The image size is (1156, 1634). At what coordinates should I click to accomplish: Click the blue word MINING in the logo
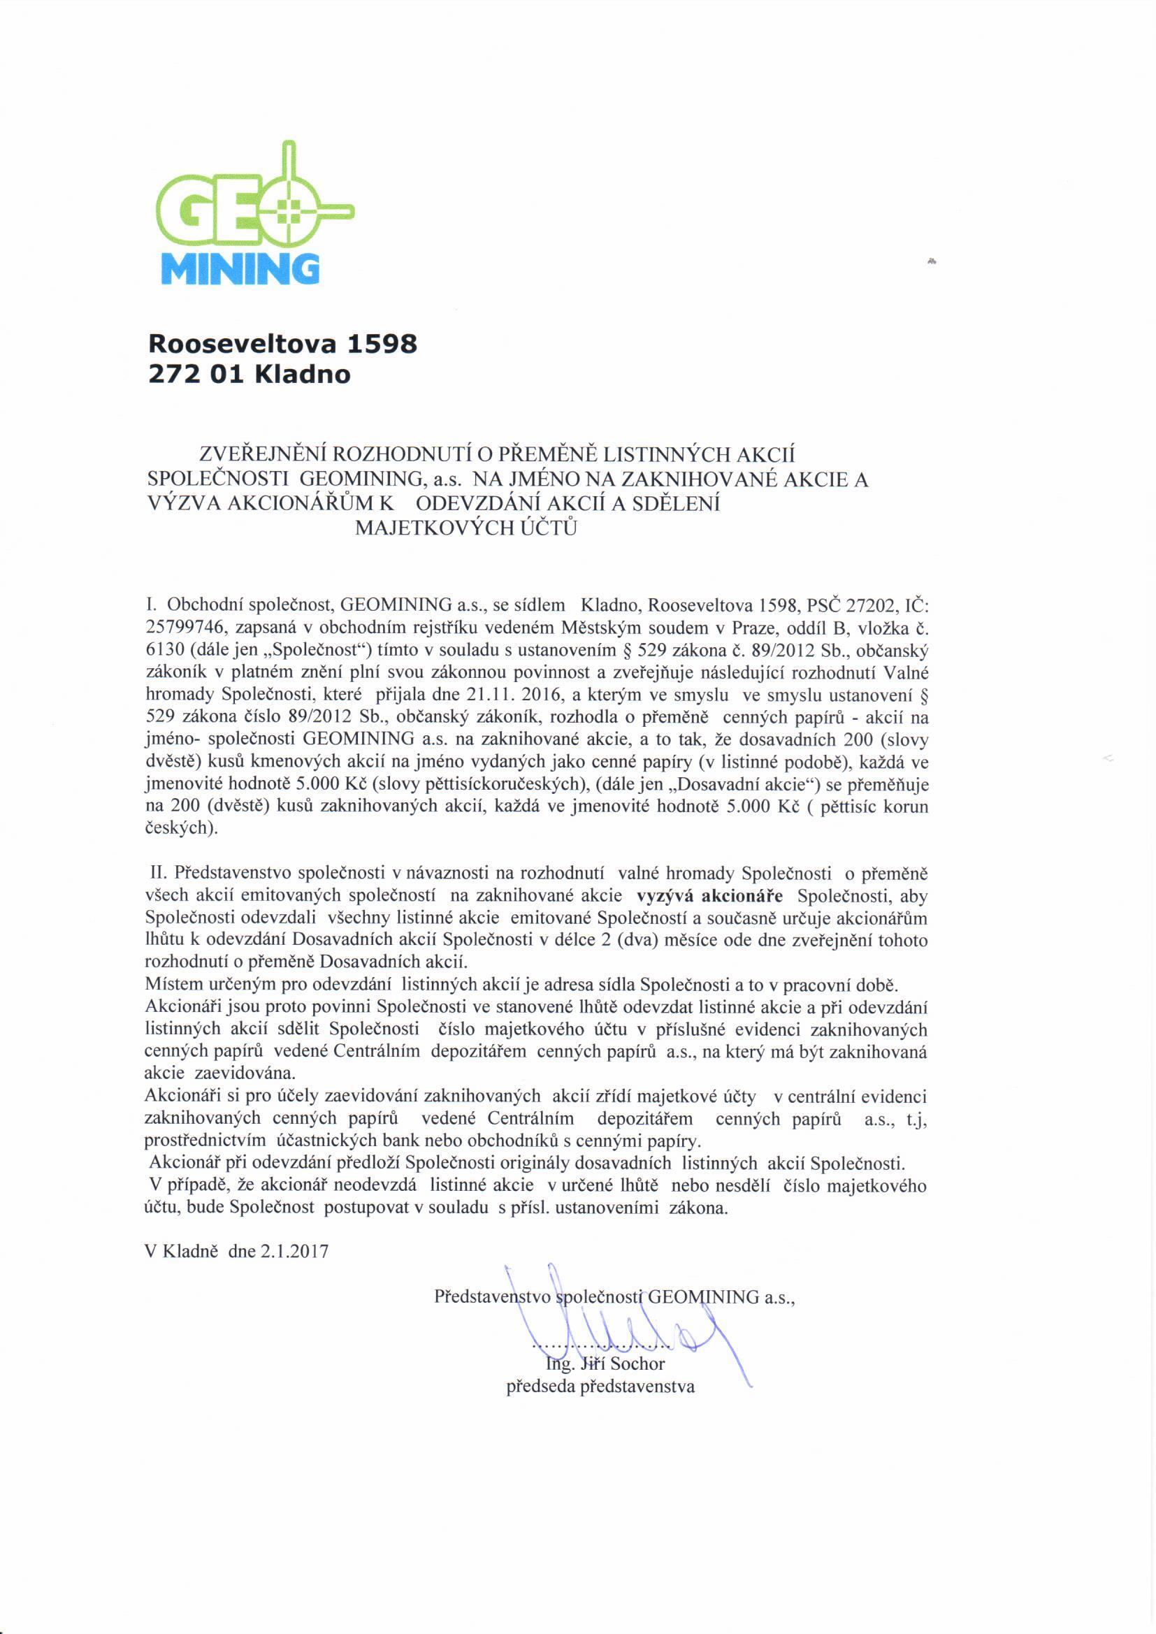click(x=237, y=268)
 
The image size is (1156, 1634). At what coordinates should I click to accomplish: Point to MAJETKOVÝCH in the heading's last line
click(x=414, y=528)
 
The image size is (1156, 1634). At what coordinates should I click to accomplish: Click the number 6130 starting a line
click(x=160, y=651)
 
